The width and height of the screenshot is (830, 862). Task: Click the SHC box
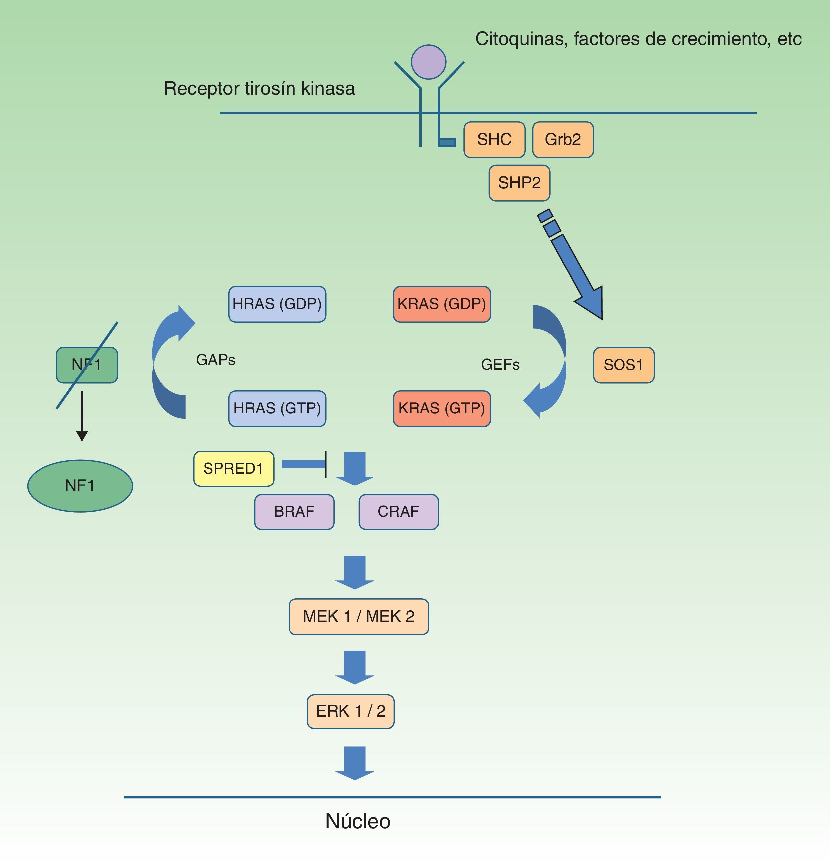click(x=494, y=140)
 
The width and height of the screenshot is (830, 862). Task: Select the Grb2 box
click(x=562, y=140)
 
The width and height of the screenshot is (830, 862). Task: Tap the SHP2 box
click(x=519, y=183)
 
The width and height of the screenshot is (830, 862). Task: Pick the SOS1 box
click(x=623, y=365)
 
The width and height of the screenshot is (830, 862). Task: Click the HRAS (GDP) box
click(x=277, y=304)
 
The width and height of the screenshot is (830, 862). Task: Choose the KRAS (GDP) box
click(x=442, y=304)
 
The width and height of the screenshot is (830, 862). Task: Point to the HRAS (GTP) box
click(x=277, y=409)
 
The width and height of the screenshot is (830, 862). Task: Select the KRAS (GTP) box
click(x=442, y=409)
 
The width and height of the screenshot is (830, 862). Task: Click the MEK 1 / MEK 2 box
click(x=359, y=617)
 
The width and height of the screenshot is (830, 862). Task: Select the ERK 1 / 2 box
click(x=351, y=711)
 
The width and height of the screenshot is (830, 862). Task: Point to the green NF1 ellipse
click(x=80, y=486)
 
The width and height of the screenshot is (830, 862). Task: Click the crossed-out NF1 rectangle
click(x=87, y=365)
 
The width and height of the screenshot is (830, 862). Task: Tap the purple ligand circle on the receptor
click(x=428, y=62)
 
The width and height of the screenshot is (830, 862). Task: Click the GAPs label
click(x=216, y=360)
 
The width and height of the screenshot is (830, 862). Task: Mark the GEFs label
click(x=500, y=365)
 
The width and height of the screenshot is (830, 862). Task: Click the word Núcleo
click(x=358, y=821)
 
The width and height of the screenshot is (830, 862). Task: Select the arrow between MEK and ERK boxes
click(x=355, y=667)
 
